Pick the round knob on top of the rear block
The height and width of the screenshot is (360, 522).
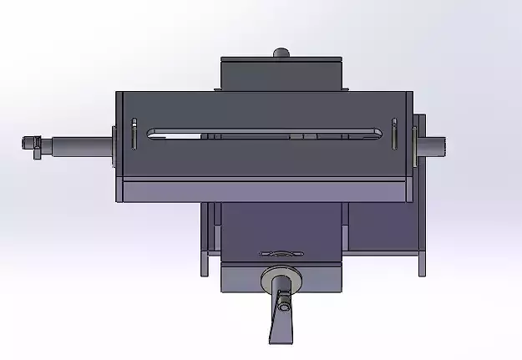281,53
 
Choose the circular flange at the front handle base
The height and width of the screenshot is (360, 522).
281,279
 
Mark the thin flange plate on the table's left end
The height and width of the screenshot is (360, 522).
114,144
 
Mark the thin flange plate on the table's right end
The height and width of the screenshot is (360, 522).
414,144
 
